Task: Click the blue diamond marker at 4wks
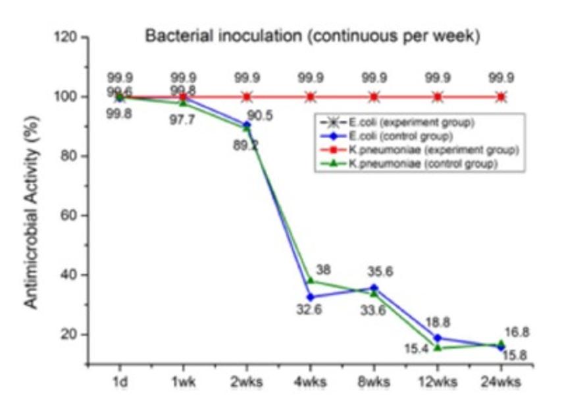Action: tap(310, 297)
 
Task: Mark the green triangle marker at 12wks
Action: tap(438, 347)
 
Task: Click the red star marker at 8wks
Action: tap(374, 97)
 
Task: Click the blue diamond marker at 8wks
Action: tap(374, 288)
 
